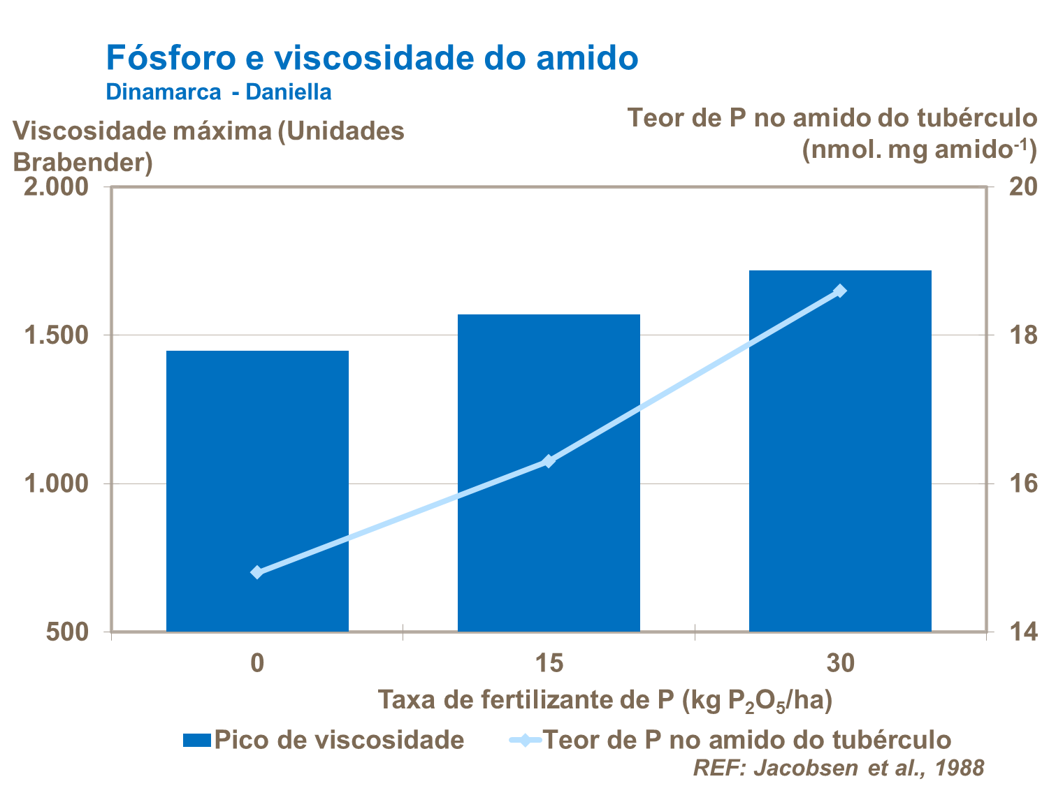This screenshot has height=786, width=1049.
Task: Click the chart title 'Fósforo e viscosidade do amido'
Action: point(372,57)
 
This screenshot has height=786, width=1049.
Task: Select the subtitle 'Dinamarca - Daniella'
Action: point(219,92)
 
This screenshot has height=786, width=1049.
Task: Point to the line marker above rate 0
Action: point(257,572)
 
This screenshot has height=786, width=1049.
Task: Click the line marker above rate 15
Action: point(549,461)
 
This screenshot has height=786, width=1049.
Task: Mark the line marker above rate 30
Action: point(840,291)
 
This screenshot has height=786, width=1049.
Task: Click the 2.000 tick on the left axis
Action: point(57,187)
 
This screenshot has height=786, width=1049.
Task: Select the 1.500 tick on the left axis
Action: point(57,335)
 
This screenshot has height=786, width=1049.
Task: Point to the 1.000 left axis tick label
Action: point(57,483)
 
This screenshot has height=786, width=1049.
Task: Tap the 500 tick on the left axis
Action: point(68,632)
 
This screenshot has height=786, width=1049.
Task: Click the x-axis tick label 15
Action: point(549,662)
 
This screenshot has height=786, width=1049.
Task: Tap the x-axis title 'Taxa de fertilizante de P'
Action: point(605,700)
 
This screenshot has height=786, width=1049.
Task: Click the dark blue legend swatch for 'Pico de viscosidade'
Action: point(196,740)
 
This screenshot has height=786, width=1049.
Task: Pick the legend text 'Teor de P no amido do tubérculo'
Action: point(747,740)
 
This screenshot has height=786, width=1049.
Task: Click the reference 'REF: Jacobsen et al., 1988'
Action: point(839,767)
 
